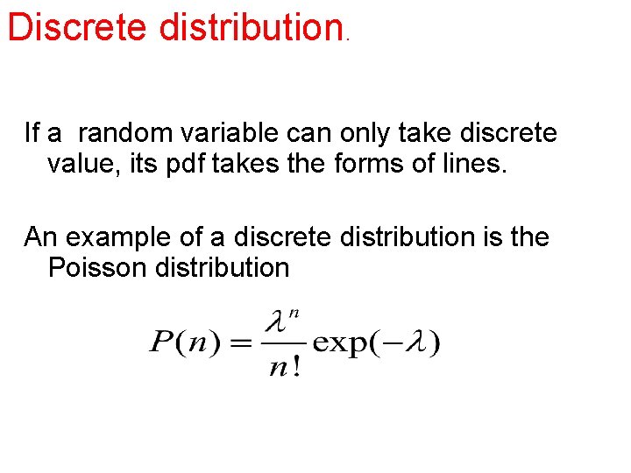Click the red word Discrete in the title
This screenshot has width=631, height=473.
point(79,27)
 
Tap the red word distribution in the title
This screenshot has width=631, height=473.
point(250,27)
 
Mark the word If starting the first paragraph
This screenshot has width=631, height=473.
point(32,133)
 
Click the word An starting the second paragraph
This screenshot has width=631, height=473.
point(40,237)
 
